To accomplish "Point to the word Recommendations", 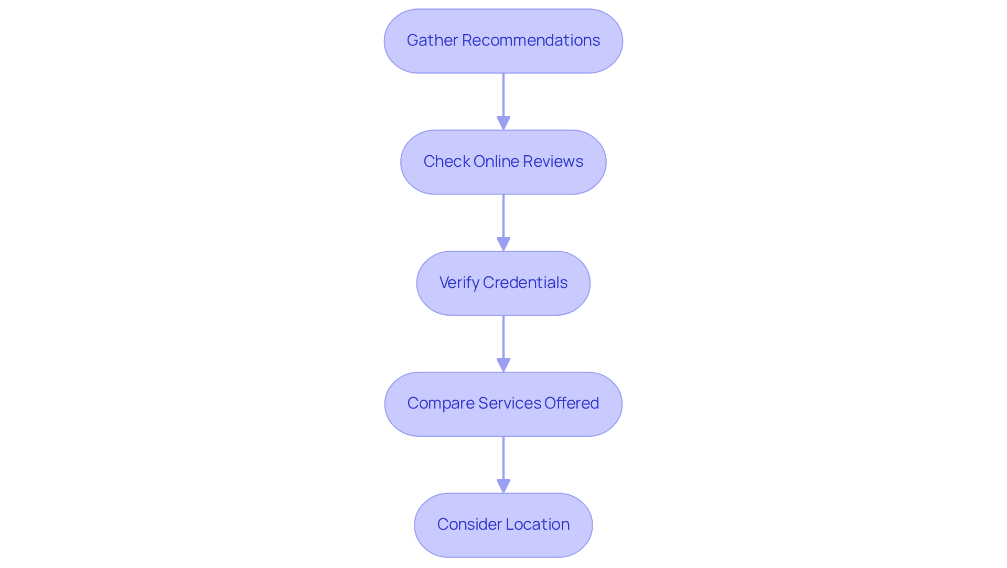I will pyautogui.click(x=531, y=40).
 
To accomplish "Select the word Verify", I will pyautogui.click(x=459, y=283).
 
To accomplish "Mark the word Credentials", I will pyautogui.click(x=525, y=283).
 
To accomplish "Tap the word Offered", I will pyautogui.click(x=572, y=403).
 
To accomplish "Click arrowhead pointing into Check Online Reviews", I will pyautogui.click(x=504, y=123).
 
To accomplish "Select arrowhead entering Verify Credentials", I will pyautogui.click(x=504, y=244).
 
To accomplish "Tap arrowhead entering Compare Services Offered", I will pyautogui.click(x=504, y=365).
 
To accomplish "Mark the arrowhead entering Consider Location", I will pyautogui.click(x=504, y=486).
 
